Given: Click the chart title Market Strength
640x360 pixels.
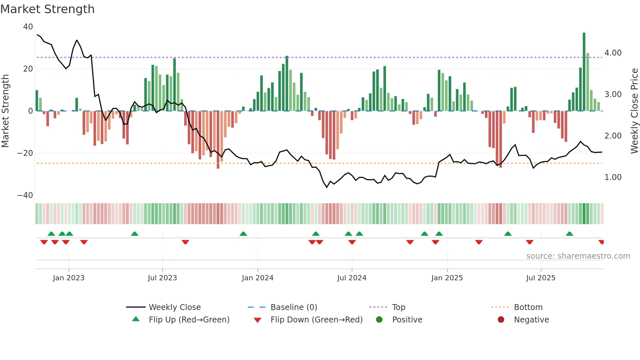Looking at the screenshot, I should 48,9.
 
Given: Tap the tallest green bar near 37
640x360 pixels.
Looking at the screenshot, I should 584,72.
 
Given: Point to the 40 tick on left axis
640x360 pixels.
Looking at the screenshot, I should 28,27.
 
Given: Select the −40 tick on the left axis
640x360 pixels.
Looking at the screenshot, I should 25,195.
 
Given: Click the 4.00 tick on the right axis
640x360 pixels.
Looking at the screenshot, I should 613,53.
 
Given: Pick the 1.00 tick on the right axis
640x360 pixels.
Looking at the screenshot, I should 613,177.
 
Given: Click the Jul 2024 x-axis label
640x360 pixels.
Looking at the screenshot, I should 352,278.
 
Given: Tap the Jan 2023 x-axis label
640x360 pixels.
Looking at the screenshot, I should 69,278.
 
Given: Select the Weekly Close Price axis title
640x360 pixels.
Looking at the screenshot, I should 634,111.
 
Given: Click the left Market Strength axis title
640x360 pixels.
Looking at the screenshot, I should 5,111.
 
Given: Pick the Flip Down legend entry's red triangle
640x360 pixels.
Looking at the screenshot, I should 257,320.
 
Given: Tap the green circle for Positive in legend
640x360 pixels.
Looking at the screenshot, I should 379,320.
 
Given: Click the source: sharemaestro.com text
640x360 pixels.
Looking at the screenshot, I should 578,256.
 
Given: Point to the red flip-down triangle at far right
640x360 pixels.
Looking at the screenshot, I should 601,242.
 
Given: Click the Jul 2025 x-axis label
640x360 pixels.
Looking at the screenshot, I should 540,278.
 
